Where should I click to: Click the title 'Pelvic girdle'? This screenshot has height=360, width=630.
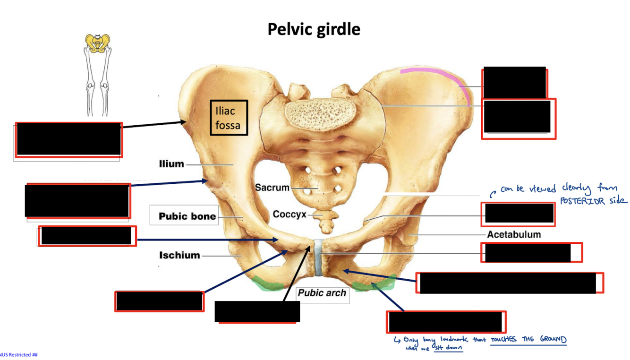[x=314, y=29]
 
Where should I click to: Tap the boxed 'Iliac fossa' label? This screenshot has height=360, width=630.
[x=229, y=118]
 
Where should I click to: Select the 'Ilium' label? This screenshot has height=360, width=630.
[x=171, y=164]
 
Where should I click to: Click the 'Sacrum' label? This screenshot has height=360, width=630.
[x=272, y=187]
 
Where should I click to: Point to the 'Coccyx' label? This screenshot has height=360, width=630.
[x=289, y=214]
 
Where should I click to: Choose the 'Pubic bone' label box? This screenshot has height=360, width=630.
[x=187, y=216]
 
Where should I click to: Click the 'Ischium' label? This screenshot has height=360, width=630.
[x=179, y=255]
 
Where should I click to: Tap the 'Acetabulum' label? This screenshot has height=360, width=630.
[x=514, y=234]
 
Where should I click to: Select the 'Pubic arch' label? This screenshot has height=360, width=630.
[x=322, y=293]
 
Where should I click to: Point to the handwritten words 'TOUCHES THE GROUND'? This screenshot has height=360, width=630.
[x=528, y=339]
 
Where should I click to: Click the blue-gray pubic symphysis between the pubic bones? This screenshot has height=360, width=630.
[x=318, y=257]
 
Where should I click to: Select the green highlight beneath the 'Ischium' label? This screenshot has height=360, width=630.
[x=267, y=283]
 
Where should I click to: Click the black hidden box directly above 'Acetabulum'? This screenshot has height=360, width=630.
[x=519, y=214]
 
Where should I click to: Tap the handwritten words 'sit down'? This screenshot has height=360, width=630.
[x=448, y=348]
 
